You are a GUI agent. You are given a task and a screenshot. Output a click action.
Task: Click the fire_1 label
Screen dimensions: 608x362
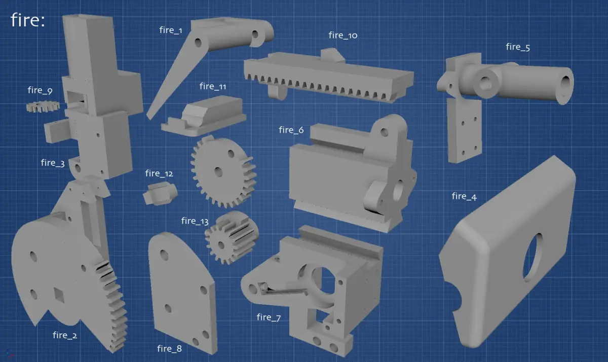[171, 30]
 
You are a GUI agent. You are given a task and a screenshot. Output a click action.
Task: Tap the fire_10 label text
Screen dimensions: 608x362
[343, 35]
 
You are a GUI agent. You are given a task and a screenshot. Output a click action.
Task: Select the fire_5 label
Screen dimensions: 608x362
[518, 47]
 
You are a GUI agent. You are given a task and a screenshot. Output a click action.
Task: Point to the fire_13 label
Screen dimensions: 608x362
[195, 221]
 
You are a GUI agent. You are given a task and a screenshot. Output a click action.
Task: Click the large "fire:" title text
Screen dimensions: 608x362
[28, 20]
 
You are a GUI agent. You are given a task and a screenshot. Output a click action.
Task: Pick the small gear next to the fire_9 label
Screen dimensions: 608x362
[43, 106]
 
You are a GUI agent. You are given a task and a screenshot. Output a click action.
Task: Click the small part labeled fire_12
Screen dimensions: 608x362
[160, 193]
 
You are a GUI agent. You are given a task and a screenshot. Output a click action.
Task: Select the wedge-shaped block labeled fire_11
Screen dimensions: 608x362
[204, 116]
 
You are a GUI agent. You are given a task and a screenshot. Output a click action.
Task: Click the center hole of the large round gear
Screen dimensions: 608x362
[218, 172]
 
